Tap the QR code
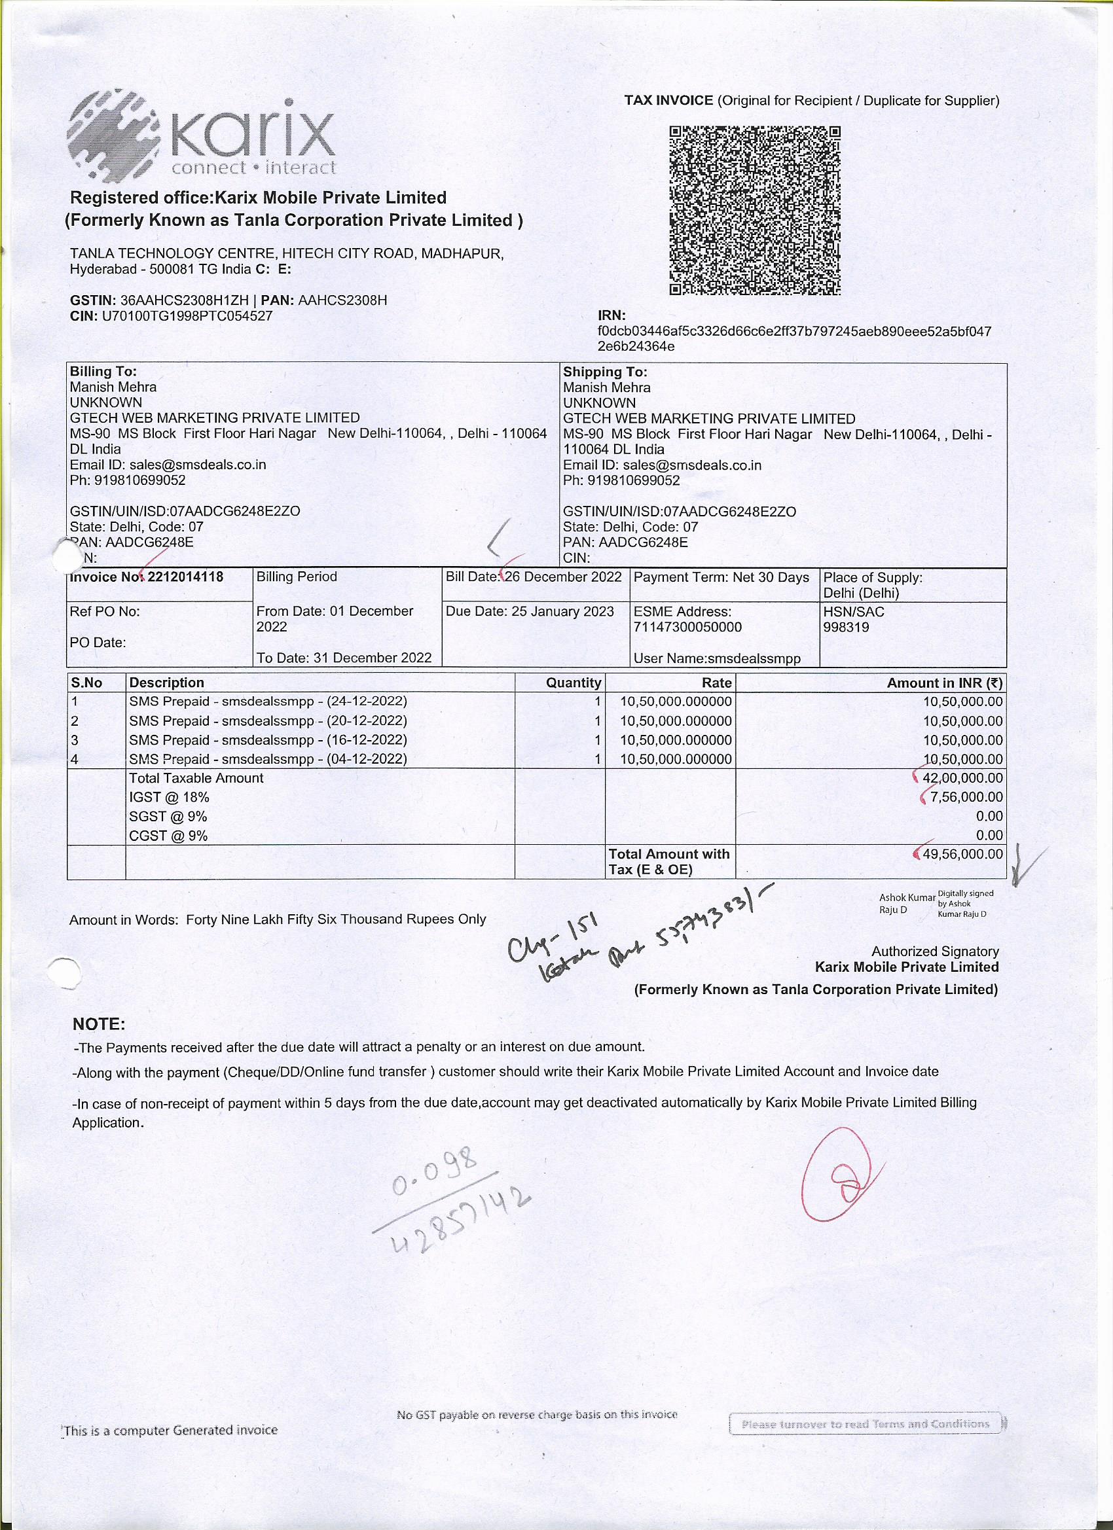[x=755, y=211]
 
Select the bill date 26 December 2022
[x=563, y=577]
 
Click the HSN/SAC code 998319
[x=846, y=628]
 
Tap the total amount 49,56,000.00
[x=962, y=854]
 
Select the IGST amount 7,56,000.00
[x=966, y=797]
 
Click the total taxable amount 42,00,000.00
[x=962, y=778]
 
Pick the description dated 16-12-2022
[x=268, y=740]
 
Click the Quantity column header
[x=573, y=683]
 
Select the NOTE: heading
[x=99, y=1024]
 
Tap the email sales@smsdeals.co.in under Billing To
[x=198, y=465]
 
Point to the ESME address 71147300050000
[x=687, y=628]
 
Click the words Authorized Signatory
[x=935, y=952]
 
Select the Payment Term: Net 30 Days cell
[x=721, y=577]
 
